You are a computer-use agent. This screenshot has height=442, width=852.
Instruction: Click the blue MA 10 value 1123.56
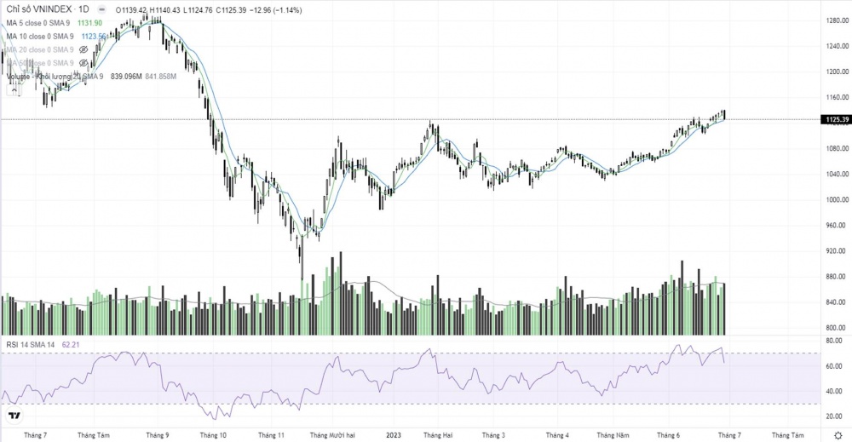(x=94, y=37)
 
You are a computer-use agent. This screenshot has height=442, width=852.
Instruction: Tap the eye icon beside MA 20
(x=83, y=50)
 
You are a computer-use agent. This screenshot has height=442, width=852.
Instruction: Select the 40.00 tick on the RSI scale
(x=835, y=391)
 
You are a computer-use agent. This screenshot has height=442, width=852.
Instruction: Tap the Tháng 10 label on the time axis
(x=213, y=434)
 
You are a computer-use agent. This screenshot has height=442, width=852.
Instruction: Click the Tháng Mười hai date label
(x=332, y=434)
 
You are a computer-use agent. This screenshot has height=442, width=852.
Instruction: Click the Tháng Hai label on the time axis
(x=437, y=434)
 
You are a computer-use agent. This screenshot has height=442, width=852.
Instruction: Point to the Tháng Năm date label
(x=612, y=434)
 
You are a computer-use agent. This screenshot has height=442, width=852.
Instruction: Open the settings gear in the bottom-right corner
(x=837, y=434)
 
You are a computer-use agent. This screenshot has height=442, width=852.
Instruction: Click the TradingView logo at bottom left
(x=14, y=416)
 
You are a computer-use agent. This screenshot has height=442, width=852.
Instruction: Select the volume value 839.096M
(x=126, y=77)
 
